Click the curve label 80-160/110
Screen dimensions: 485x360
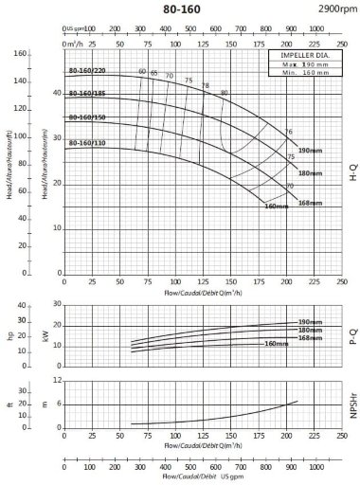click(87, 142)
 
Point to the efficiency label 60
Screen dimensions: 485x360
click(142, 72)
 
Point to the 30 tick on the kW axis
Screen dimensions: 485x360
click(56, 305)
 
